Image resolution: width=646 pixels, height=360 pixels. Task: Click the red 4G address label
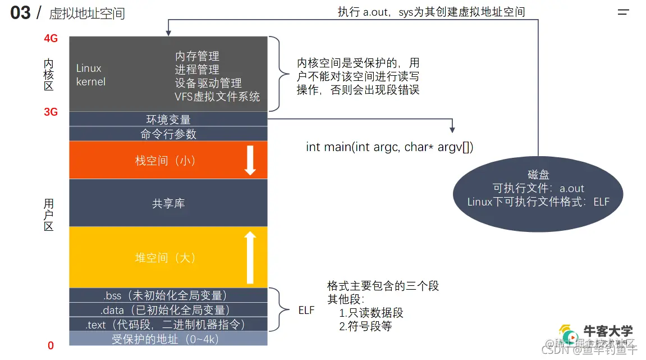click(x=51, y=39)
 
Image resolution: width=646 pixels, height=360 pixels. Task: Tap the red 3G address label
click(x=51, y=112)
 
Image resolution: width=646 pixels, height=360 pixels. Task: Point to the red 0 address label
click(x=51, y=346)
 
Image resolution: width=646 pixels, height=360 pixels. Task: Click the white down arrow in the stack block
click(x=250, y=160)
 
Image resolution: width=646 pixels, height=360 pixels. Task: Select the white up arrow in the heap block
click(x=250, y=257)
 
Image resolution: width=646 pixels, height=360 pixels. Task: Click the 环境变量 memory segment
click(x=168, y=119)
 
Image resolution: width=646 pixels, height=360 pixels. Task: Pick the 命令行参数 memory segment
click(x=168, y=134)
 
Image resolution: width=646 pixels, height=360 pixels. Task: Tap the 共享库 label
click(x=168, y=203)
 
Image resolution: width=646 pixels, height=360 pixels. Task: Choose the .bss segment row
click(x=168, y=295)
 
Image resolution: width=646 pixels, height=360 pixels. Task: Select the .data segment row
click(x=168, y=310)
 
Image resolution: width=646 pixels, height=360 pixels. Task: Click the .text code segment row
click(x=168, y=325)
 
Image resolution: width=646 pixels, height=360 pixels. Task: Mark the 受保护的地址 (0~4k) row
click(x=168, y=339)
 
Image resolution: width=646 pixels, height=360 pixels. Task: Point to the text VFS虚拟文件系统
click(x=217, y=97)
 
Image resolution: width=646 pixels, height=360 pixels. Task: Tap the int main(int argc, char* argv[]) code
click(x=390, y=147)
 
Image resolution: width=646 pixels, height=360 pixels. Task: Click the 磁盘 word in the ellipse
click(x=538, y=175)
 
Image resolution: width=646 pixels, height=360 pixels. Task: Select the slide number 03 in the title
click(x=20, y=13)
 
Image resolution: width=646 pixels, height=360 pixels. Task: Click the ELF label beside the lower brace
click(x=306, y=310)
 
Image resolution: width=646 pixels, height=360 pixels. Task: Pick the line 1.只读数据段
click(x=371, y=313)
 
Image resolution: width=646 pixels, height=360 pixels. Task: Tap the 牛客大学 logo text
click(x=609, y=331)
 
